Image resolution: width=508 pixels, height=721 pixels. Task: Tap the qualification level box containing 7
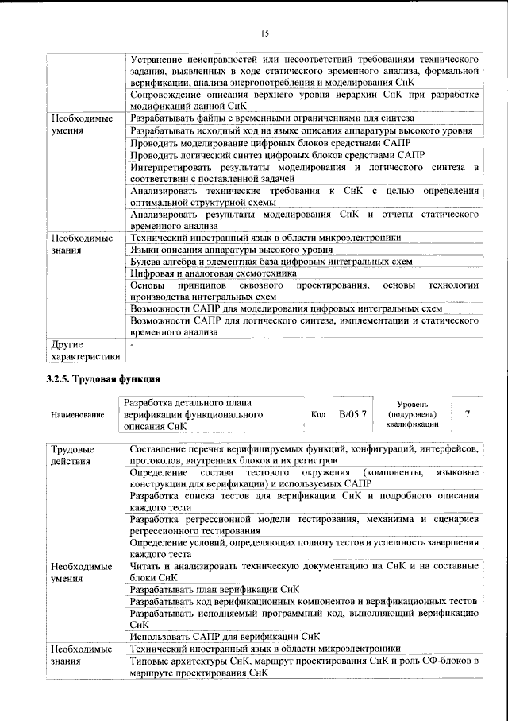pyautogui.click(x=468, y=414)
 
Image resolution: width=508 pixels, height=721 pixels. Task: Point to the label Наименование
pyautogui.click(x=77, y=415)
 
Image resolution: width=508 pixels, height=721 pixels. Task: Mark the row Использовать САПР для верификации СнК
pyautogui.click(x=225, y=636)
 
